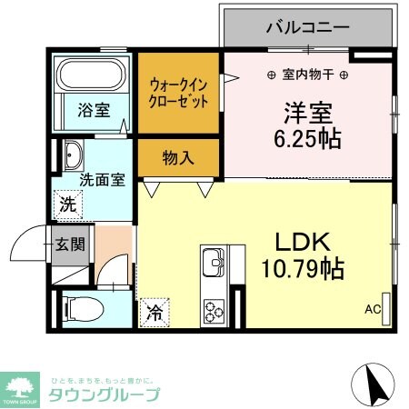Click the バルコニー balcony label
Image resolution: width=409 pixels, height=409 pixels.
point(307,27)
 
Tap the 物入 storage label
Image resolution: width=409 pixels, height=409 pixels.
point(178,157)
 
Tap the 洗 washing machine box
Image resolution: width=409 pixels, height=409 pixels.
point(69,204)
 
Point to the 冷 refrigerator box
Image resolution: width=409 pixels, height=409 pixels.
point(155,314)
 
